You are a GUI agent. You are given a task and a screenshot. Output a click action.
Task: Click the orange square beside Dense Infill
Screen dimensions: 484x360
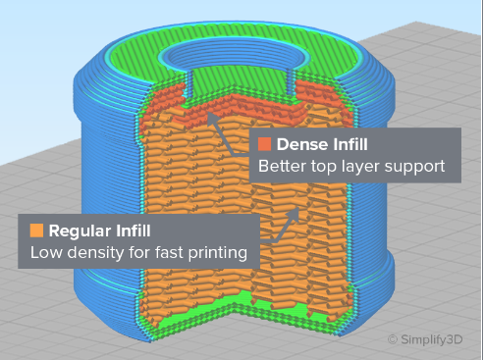[x=265, y=144]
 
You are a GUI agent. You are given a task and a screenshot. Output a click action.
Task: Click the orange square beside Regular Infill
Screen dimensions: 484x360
[x=37, y=231]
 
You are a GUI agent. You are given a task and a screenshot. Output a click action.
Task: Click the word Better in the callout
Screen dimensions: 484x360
[x=283, y=167]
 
